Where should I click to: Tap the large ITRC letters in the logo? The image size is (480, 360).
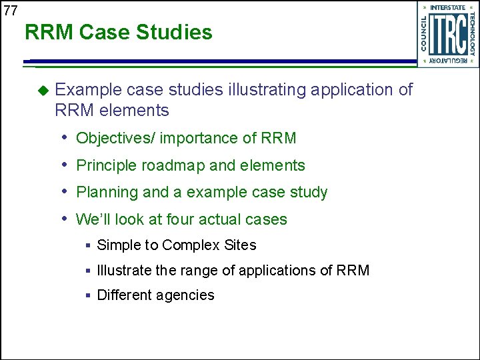[x=447, y=34]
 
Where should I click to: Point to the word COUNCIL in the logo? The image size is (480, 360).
[x=423, y=34]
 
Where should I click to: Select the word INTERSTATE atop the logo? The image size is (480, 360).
[x=448, y=7]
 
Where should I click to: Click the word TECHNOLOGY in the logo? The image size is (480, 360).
[x=472, y=34]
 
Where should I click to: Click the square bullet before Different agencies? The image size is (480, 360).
[x=88, y=295]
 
